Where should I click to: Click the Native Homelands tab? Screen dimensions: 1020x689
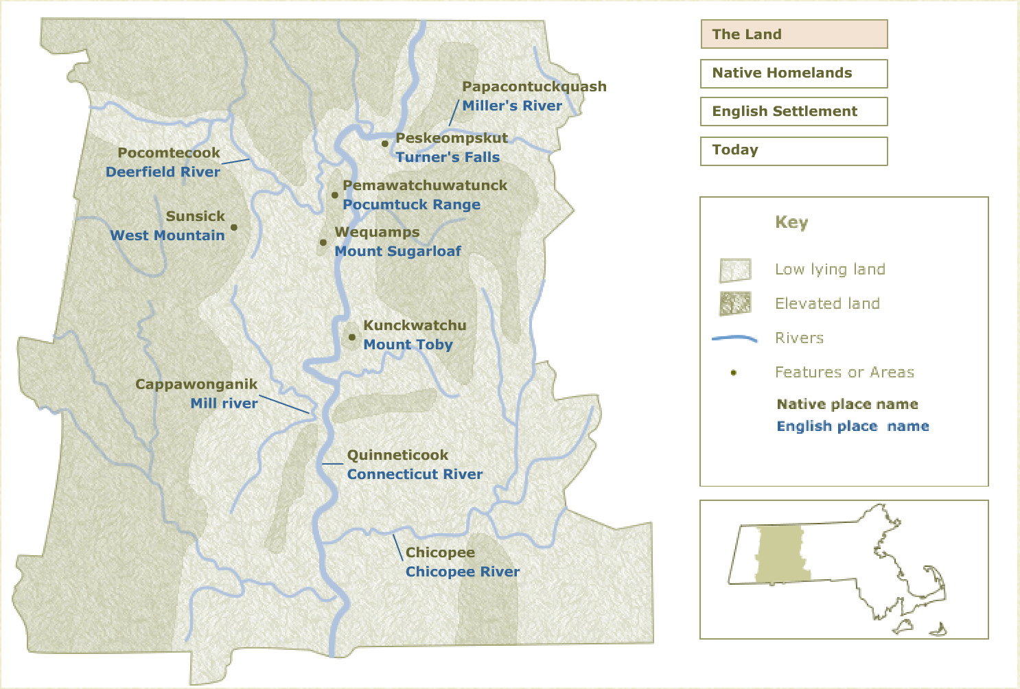coord(793,73)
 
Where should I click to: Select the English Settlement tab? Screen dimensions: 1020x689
coord(793,112)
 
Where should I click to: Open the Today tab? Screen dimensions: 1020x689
coord(793,151)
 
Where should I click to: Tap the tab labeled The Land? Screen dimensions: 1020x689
coord(793,34)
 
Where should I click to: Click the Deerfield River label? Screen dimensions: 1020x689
coord(163,172)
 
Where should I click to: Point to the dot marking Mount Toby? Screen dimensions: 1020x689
coord(352,337)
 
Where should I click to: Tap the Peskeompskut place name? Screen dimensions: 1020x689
coord(452,138)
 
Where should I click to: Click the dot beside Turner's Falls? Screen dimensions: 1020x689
coord(385,143)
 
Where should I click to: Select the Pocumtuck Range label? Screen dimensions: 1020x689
coord(411,205)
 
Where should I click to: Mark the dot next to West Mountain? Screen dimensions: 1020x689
coord(234,227)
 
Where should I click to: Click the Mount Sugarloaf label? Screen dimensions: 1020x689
coord(397,251)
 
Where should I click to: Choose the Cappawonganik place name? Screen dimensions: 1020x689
coord(196,384)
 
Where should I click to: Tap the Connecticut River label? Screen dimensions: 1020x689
coord(415,474)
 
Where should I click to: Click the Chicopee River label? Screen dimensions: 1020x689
coord(462,572)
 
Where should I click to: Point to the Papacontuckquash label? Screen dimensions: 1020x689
coord(534,86)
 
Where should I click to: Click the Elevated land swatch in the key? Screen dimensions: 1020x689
coord(735,303)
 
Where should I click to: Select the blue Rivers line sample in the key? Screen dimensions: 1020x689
coord(734,338)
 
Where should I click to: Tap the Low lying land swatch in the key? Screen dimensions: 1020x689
coord(735,270)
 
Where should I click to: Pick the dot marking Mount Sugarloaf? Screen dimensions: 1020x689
coord(323,242)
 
